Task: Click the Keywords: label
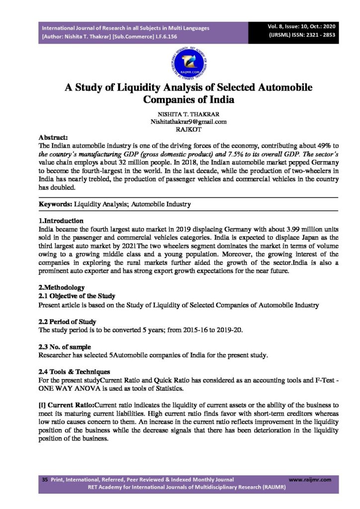pos(56,204)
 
